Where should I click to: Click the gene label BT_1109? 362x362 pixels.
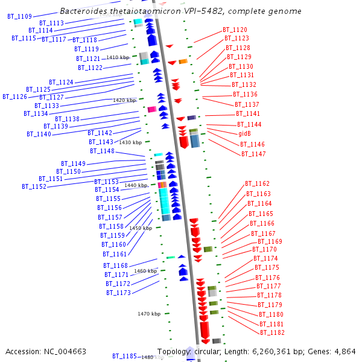[20, 16]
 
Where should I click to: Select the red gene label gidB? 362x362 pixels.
[244, 133]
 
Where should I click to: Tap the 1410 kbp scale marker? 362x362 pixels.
[118, 57]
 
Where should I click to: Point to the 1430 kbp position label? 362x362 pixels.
[130, 142]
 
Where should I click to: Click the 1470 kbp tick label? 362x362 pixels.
[149, 314]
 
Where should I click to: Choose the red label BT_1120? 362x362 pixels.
[235, 30]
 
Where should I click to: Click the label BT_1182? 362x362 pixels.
[272, 332]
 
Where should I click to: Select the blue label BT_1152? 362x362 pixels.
[34, 186]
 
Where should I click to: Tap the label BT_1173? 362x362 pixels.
[119, 293]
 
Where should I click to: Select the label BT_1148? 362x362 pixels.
[102, 151]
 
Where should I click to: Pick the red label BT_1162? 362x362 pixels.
[258, 183]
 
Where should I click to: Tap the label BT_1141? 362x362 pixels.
[248, 113]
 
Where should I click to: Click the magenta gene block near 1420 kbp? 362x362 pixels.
[152, 109]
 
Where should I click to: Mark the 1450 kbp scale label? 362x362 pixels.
[141, 228]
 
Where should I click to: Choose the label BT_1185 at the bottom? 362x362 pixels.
[124, 357]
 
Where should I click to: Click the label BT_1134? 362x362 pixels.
[36, 113]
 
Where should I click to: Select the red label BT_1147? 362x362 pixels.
[253, 154]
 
